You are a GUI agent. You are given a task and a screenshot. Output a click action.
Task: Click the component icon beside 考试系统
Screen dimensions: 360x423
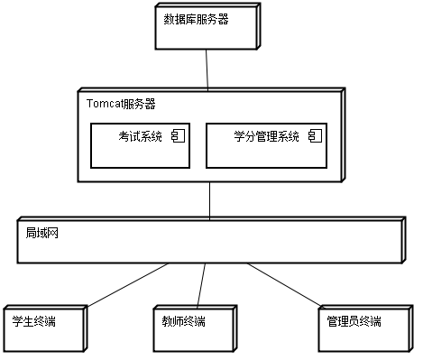tap(178, 136)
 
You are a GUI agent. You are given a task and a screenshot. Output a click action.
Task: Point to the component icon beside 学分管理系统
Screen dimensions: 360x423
tap(314, 136)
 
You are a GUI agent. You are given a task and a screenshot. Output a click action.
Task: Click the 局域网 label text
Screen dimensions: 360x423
tap(41, 232)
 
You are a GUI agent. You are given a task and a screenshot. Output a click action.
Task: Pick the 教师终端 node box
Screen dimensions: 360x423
tap(193, 331)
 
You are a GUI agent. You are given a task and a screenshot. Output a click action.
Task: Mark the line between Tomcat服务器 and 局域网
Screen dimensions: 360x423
tap(209, 198)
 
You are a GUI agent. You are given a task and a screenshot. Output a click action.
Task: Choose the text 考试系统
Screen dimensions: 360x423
tap(141, 137)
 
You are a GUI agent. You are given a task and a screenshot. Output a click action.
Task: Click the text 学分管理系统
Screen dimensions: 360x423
tap(266, 137)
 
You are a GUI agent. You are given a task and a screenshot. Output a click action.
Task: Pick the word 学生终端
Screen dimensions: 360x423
tap(33, 321)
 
